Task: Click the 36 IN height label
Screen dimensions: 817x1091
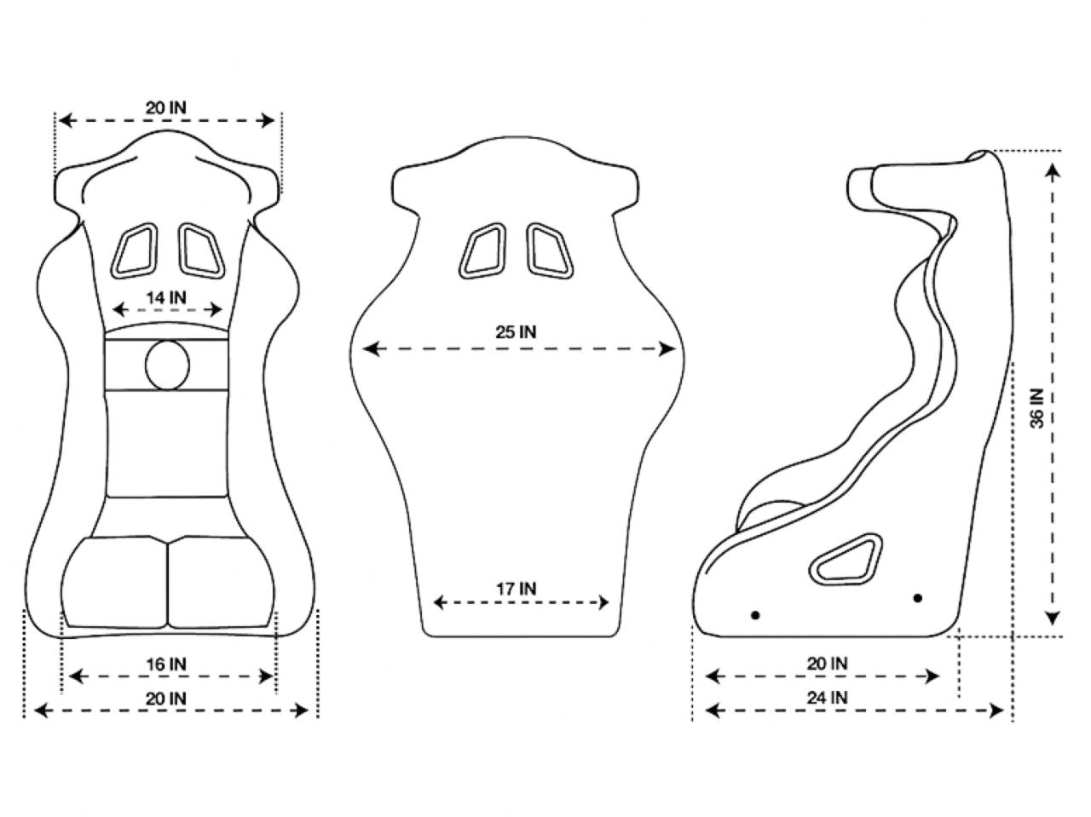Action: point(1036,408)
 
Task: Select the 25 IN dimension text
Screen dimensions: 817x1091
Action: point(517,332)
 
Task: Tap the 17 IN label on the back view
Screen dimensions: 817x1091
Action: point(517,588)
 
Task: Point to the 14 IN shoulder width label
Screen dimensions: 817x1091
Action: point(166,297)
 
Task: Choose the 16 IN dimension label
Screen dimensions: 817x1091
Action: point(166,663)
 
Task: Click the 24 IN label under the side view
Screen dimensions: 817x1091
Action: point(827,697)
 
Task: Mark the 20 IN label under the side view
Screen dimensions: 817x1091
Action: point(827,663)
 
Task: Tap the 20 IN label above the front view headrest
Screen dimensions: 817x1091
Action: point(166,107)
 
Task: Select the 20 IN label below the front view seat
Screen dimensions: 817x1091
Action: point(166,697)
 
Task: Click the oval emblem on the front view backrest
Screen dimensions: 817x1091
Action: point(167,365)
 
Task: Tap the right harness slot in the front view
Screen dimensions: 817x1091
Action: point(199,250)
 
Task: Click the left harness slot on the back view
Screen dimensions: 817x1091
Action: point(483,250)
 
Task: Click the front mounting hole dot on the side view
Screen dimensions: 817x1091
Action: point(754,615)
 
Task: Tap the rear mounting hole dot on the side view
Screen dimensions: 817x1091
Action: point(918,598)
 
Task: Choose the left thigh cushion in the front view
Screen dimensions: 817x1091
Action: point(113,583)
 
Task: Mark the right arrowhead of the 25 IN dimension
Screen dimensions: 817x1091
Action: point(669,348)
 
